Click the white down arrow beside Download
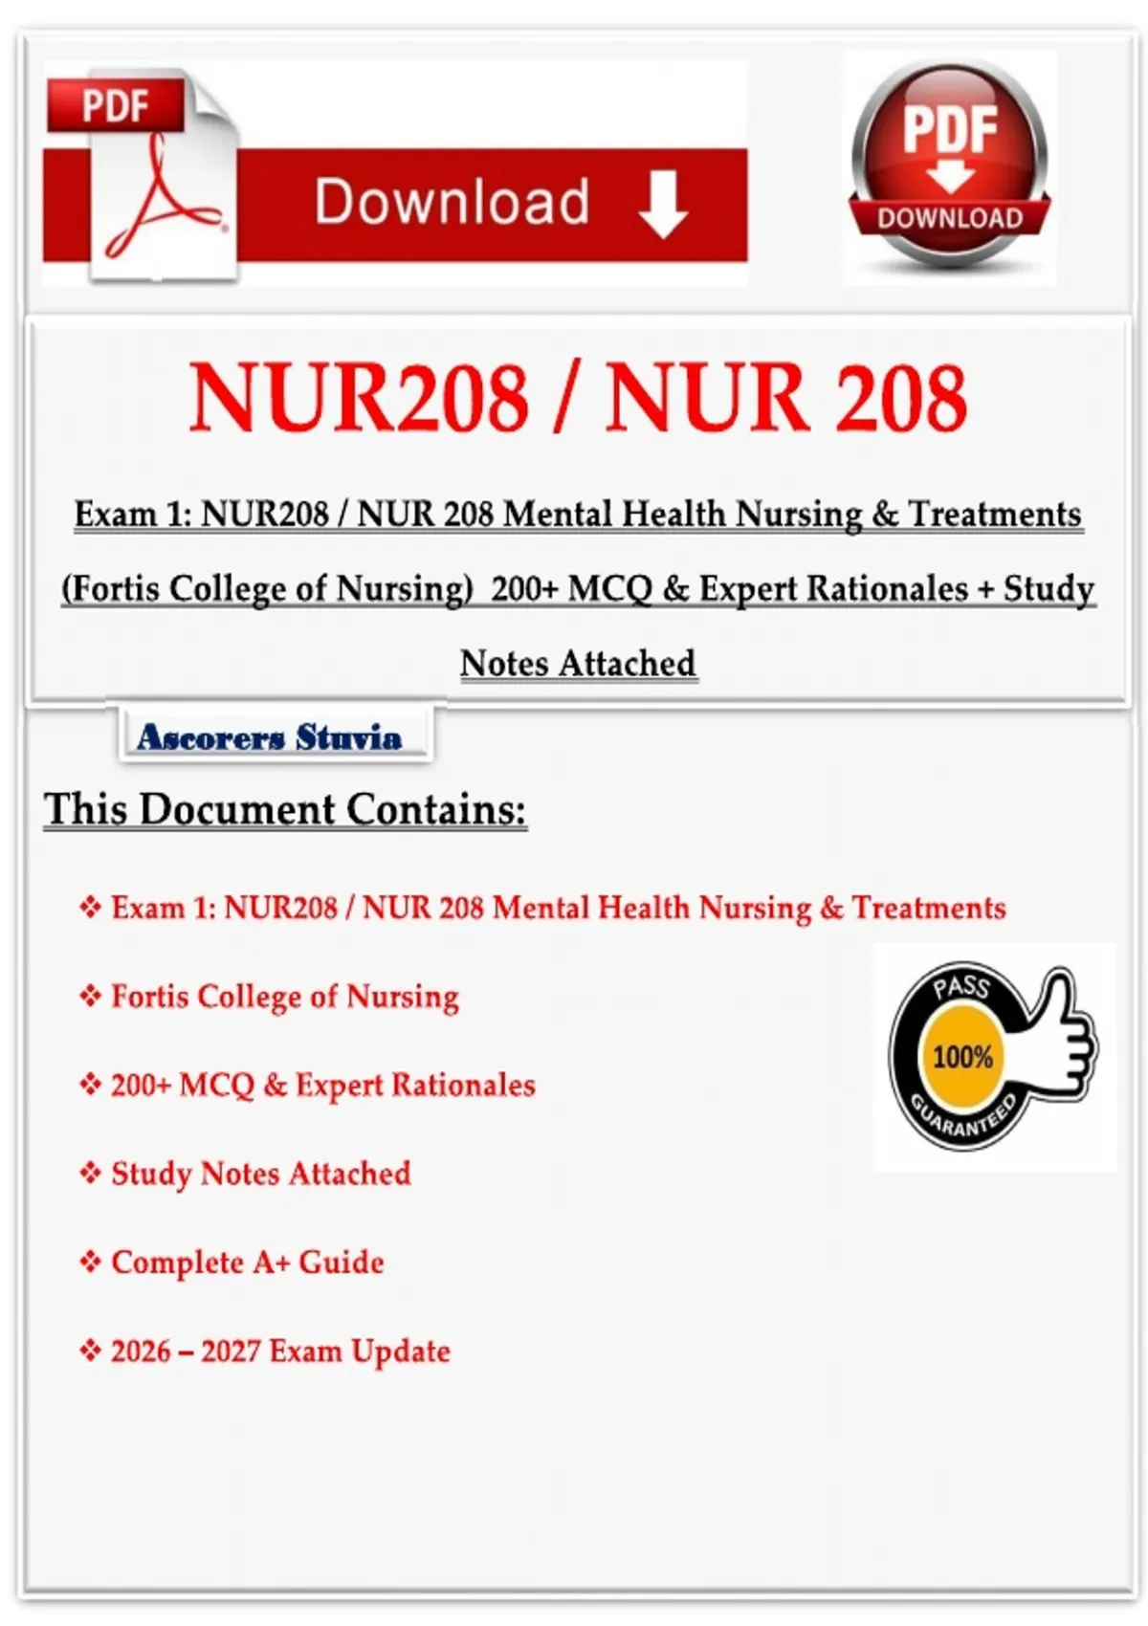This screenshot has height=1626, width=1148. tap(663, 204)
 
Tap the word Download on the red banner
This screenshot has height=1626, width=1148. tap(452, 202)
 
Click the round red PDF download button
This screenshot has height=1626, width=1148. tap(949, 163)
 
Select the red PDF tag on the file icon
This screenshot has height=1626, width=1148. tap(114, 105)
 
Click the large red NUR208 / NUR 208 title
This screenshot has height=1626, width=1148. tap(578, 398)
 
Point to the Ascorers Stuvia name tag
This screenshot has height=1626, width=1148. tap(270, 736)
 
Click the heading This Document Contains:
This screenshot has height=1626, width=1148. tap(285, 809)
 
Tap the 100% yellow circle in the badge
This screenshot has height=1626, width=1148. tap(962, 1057)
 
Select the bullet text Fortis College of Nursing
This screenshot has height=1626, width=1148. tap(285, 997)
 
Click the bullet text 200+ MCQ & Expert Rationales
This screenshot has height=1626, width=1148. tap(322, 1085)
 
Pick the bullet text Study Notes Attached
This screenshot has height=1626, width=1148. tap(260, 1174)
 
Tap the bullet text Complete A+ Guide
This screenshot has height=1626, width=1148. tap(247, 1263)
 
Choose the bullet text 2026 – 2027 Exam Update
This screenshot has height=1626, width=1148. tap(280, 1351)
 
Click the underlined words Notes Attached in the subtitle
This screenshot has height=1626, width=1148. tap(578, 663)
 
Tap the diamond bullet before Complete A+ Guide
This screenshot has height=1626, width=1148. tap(90, 1263)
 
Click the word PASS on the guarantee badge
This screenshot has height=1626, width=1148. tap(960, 986)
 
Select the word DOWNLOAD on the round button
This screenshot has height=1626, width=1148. tap(950, 218)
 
